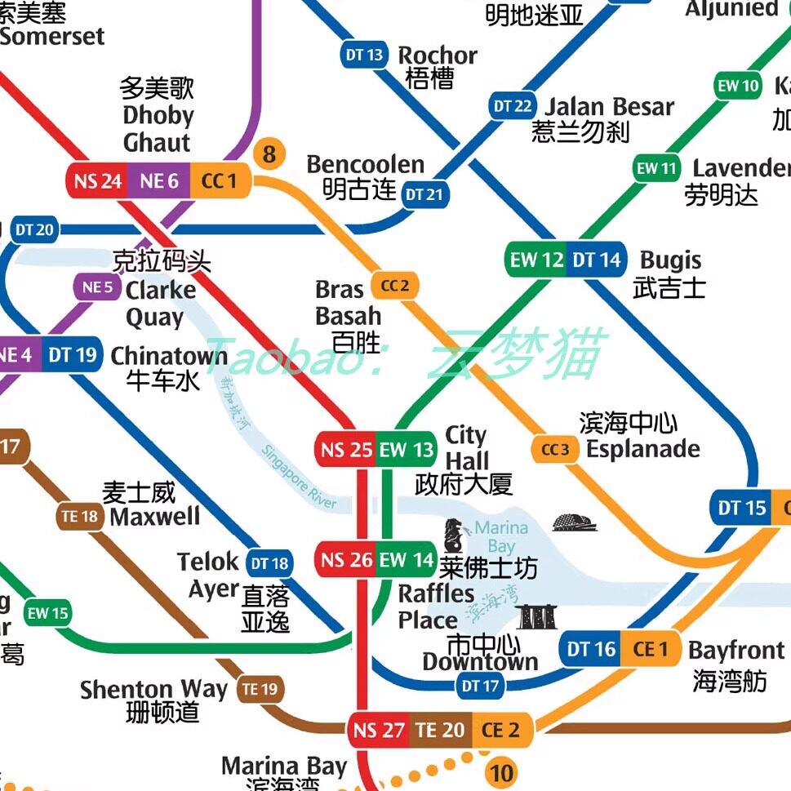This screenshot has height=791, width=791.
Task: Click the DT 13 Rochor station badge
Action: click(364, 56)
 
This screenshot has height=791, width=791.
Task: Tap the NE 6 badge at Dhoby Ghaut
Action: click(159, 180)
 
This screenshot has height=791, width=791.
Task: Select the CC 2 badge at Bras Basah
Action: click(394, 286)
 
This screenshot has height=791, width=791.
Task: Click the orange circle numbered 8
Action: click(270, 153)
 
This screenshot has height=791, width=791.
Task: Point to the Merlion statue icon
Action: click(454, 535)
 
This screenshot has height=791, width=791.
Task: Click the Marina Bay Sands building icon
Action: click(536, 617)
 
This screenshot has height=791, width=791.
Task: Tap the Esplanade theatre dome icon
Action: click(575, 522)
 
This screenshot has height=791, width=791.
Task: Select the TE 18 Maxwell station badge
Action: click(80, 516)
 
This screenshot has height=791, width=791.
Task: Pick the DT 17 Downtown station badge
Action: click(480, 686)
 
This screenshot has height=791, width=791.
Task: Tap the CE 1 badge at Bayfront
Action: click(651, 649)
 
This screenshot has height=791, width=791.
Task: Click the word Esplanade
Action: click(643, 449)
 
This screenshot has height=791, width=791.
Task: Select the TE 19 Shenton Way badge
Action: click(260, 690)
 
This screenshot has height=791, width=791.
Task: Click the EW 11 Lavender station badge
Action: click(657, 169)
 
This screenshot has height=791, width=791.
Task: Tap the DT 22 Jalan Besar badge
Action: click(513, 106)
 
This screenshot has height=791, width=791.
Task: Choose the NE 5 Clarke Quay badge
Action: click(97, 287)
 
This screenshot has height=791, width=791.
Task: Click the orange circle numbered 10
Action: click(500, 772)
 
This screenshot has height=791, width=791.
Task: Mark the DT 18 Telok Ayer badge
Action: click(269, 563)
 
